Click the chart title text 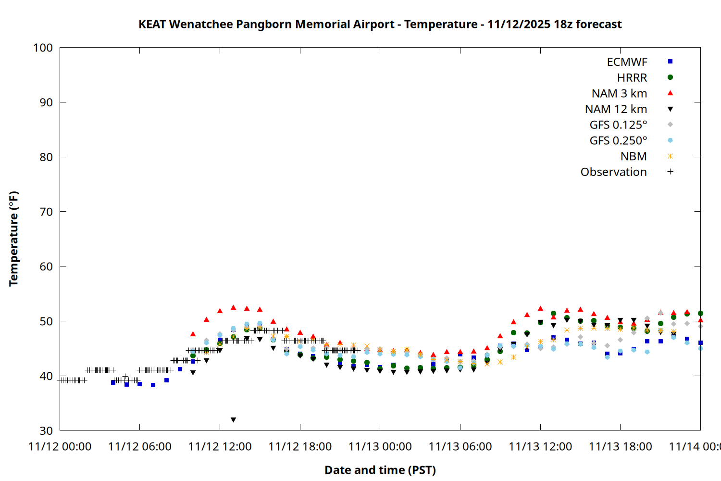(380, 24)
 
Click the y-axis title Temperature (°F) (13, 239)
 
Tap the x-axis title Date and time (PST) (380, 470)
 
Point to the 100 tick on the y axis (43, 48)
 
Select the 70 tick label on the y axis (46, 212)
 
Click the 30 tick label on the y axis (46, 430)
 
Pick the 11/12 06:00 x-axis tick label (140, 447)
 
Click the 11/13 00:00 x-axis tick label (380, 447)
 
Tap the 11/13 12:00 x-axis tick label (540, 447)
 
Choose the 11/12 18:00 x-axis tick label (300, 447)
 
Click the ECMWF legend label (627, 62)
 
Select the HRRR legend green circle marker (670, 77)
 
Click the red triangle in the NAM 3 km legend (670, 93)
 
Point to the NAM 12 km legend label (616, 109)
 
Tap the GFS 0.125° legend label (618, 125)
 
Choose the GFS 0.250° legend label (618, 141)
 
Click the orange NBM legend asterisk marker (670, 156)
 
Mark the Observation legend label (613, 172)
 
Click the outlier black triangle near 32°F (233, 420)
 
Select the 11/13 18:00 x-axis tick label (620, 447)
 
